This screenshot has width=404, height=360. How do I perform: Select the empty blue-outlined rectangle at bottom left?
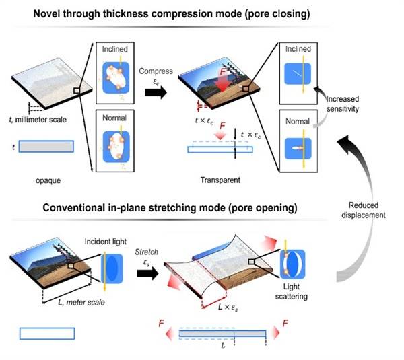(47, 333)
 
